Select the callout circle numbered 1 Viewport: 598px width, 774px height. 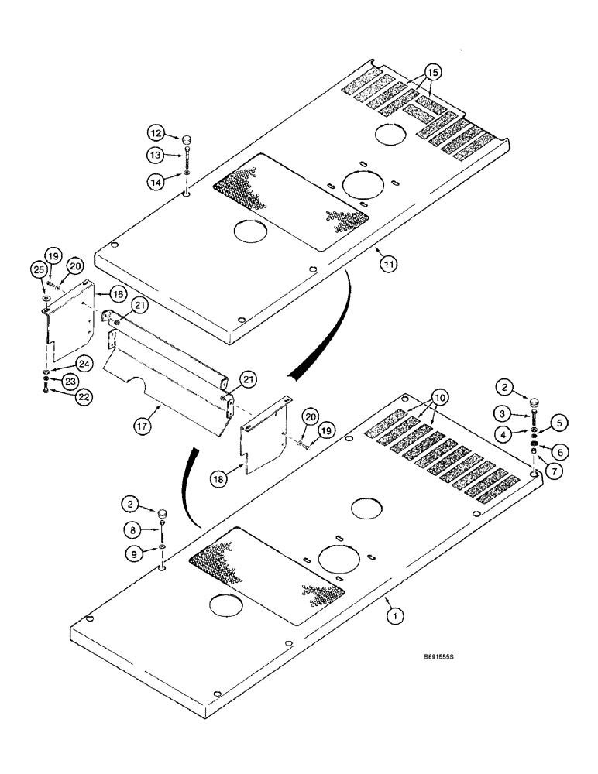395,616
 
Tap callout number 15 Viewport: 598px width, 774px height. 432,72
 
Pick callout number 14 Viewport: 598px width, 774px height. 157,183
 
